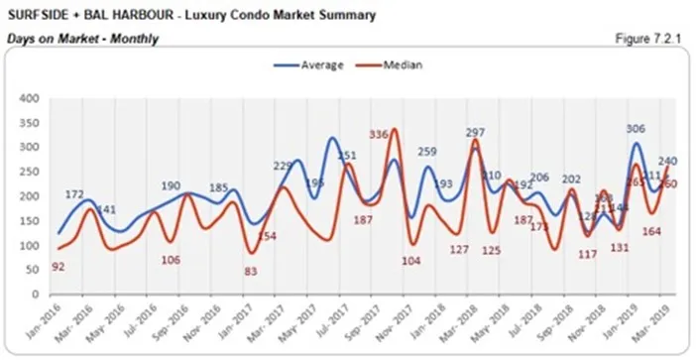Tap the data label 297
coord(474,133)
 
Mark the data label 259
coord(427,152)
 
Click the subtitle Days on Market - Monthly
coord(82,39)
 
